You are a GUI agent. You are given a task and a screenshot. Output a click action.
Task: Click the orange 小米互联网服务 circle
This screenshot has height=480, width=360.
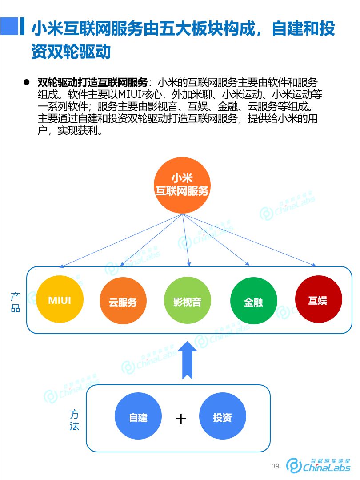pos(182,185)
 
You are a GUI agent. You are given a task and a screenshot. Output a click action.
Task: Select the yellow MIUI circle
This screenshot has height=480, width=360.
pos(60,299)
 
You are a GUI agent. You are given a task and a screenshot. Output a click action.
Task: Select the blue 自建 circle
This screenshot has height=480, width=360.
pos(138,418)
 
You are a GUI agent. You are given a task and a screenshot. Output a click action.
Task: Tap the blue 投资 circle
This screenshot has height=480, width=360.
pos(222,418)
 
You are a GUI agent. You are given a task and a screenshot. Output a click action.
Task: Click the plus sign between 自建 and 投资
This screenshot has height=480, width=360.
pos(180,419)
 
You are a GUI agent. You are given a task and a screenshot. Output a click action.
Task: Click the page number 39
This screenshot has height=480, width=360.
pos(276,466)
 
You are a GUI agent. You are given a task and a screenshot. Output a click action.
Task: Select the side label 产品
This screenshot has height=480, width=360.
pos(16,302)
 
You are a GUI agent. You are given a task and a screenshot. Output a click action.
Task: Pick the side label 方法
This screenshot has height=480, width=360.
pos(74,419)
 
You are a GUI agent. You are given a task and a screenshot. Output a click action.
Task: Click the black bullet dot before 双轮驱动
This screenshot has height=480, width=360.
pos(26,82)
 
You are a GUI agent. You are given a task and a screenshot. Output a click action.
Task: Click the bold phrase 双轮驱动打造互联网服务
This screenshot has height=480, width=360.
pos(92,83)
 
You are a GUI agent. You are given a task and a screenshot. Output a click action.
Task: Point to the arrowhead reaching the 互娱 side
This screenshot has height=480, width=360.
pos(314,265)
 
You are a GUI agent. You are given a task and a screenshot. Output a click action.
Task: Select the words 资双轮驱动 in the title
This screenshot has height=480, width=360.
pos(71,52)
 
